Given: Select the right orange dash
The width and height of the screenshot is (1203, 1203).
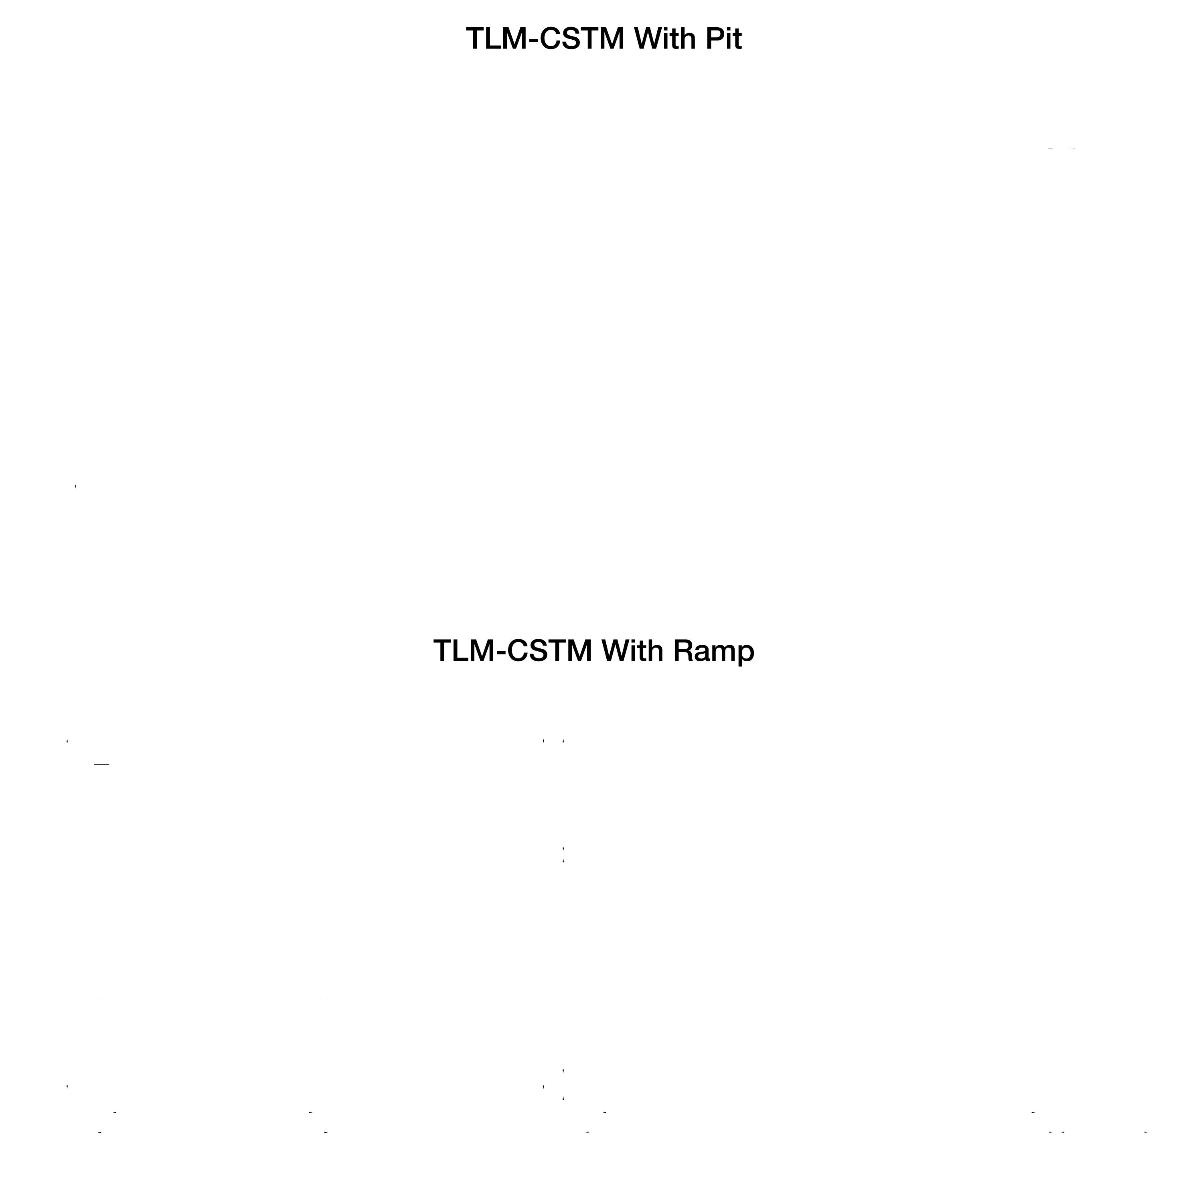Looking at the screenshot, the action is (1072, 149).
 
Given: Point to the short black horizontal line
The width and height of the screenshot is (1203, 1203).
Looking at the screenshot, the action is (101, 764).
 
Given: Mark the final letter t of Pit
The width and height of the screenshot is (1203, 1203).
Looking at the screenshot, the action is (737, 40).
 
